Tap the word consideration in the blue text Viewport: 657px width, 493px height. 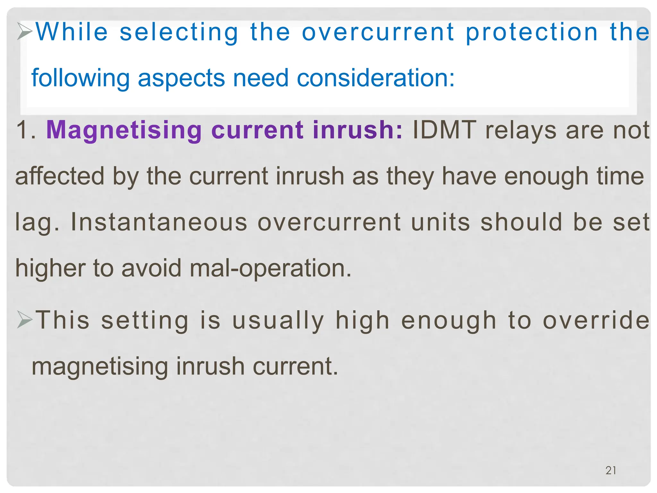(x=376, y=78)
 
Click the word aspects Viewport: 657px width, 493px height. (x=181, y=78)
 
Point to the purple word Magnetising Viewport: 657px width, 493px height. (x=124, y=130)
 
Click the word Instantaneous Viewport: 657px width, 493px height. (x=159, y=222)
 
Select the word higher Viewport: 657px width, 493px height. (x=50, y=268)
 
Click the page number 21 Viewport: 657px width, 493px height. (x=610, y=471)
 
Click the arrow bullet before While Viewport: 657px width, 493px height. (x=25, y=31)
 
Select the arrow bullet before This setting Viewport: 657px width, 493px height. (x=25, y=320)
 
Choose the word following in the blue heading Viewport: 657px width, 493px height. (x=80, y=78)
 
